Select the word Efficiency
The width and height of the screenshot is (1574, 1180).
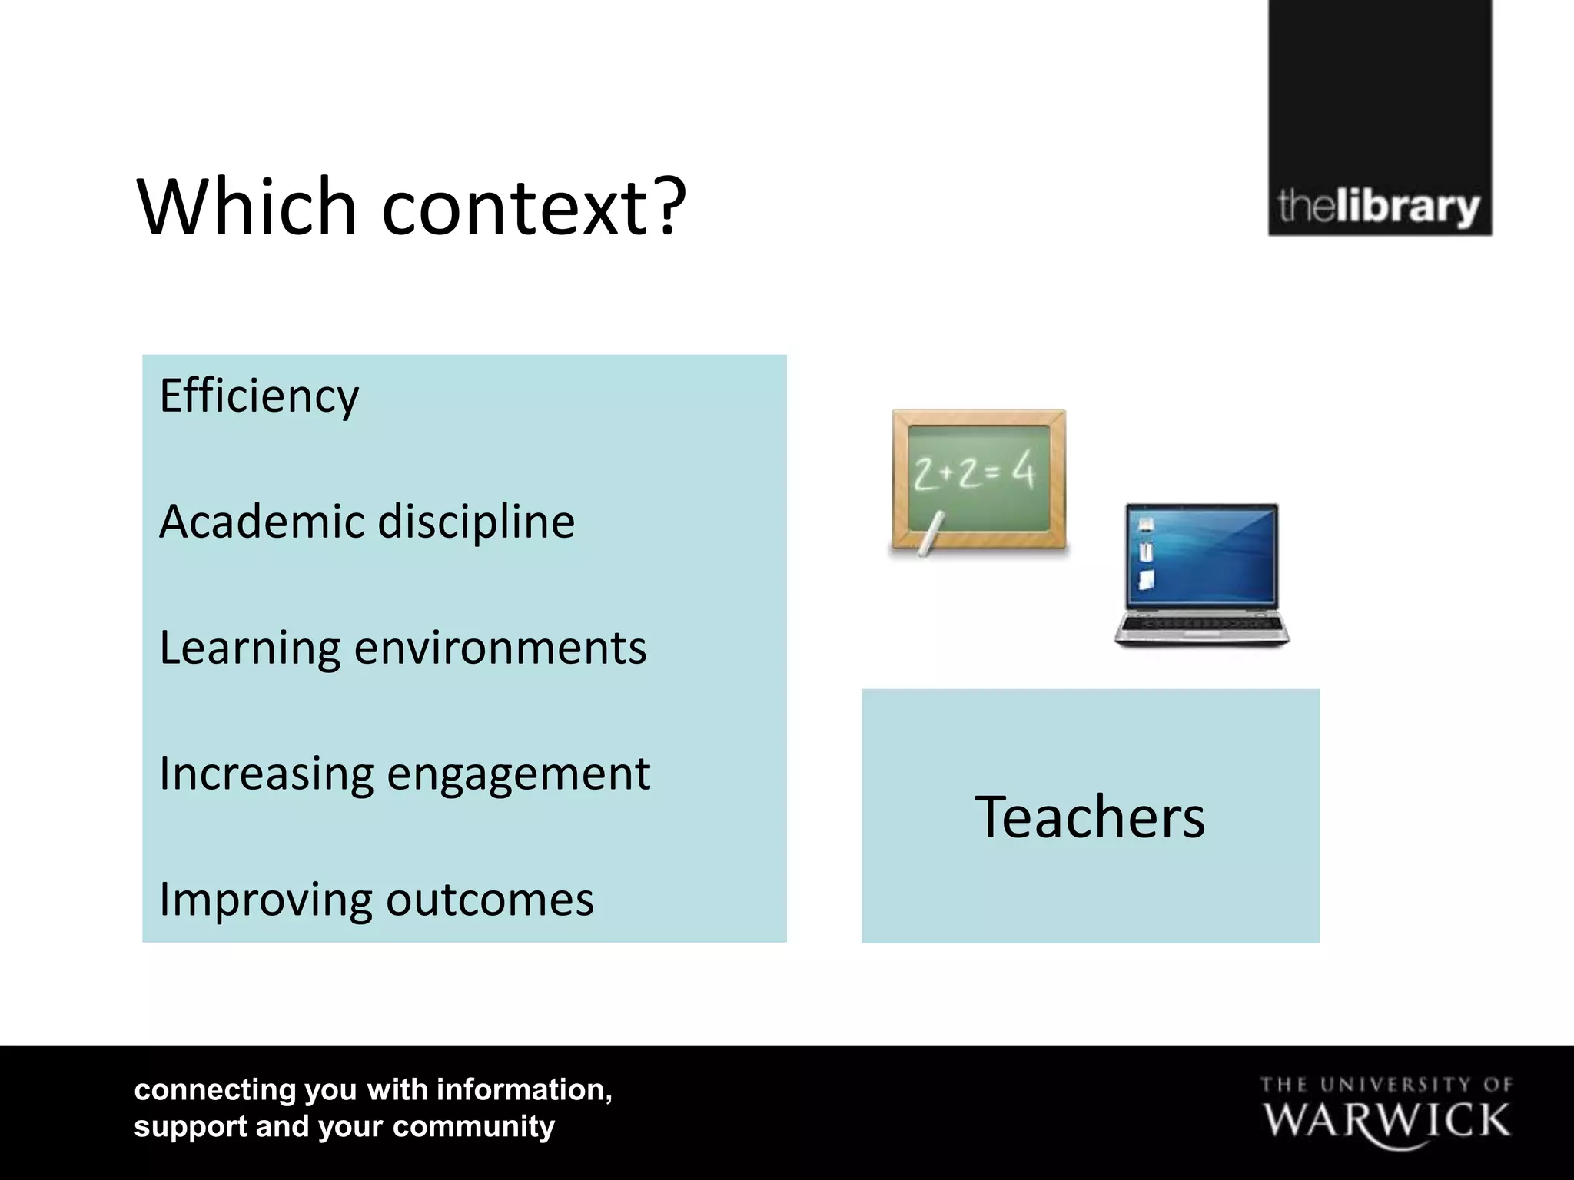pyautogui.click(x=259, y=396)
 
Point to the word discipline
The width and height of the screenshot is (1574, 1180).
pyautogui.click(x=477, y=522)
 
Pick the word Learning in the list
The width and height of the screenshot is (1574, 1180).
pyautogui.click(x=250, y=648)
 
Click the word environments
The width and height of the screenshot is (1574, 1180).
pyautogui.click(x=500, y=648)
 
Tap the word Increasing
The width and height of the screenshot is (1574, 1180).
pyautogui.click(x=266, y=774)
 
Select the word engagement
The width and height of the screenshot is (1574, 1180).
pyautogui.click(x=519, y=774)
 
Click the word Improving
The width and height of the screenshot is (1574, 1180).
pyautogui.click(x=265, y=900)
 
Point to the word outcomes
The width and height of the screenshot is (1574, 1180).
pyautogui.click(x=490, y=900)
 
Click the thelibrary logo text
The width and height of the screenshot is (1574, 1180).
pyautogui.click(x=1379, y=207)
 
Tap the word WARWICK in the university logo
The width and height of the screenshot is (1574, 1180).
pyautogui.click(x=1386, y=1121)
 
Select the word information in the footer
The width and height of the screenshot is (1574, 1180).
pyautogui.click(x=524, y=1089)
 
